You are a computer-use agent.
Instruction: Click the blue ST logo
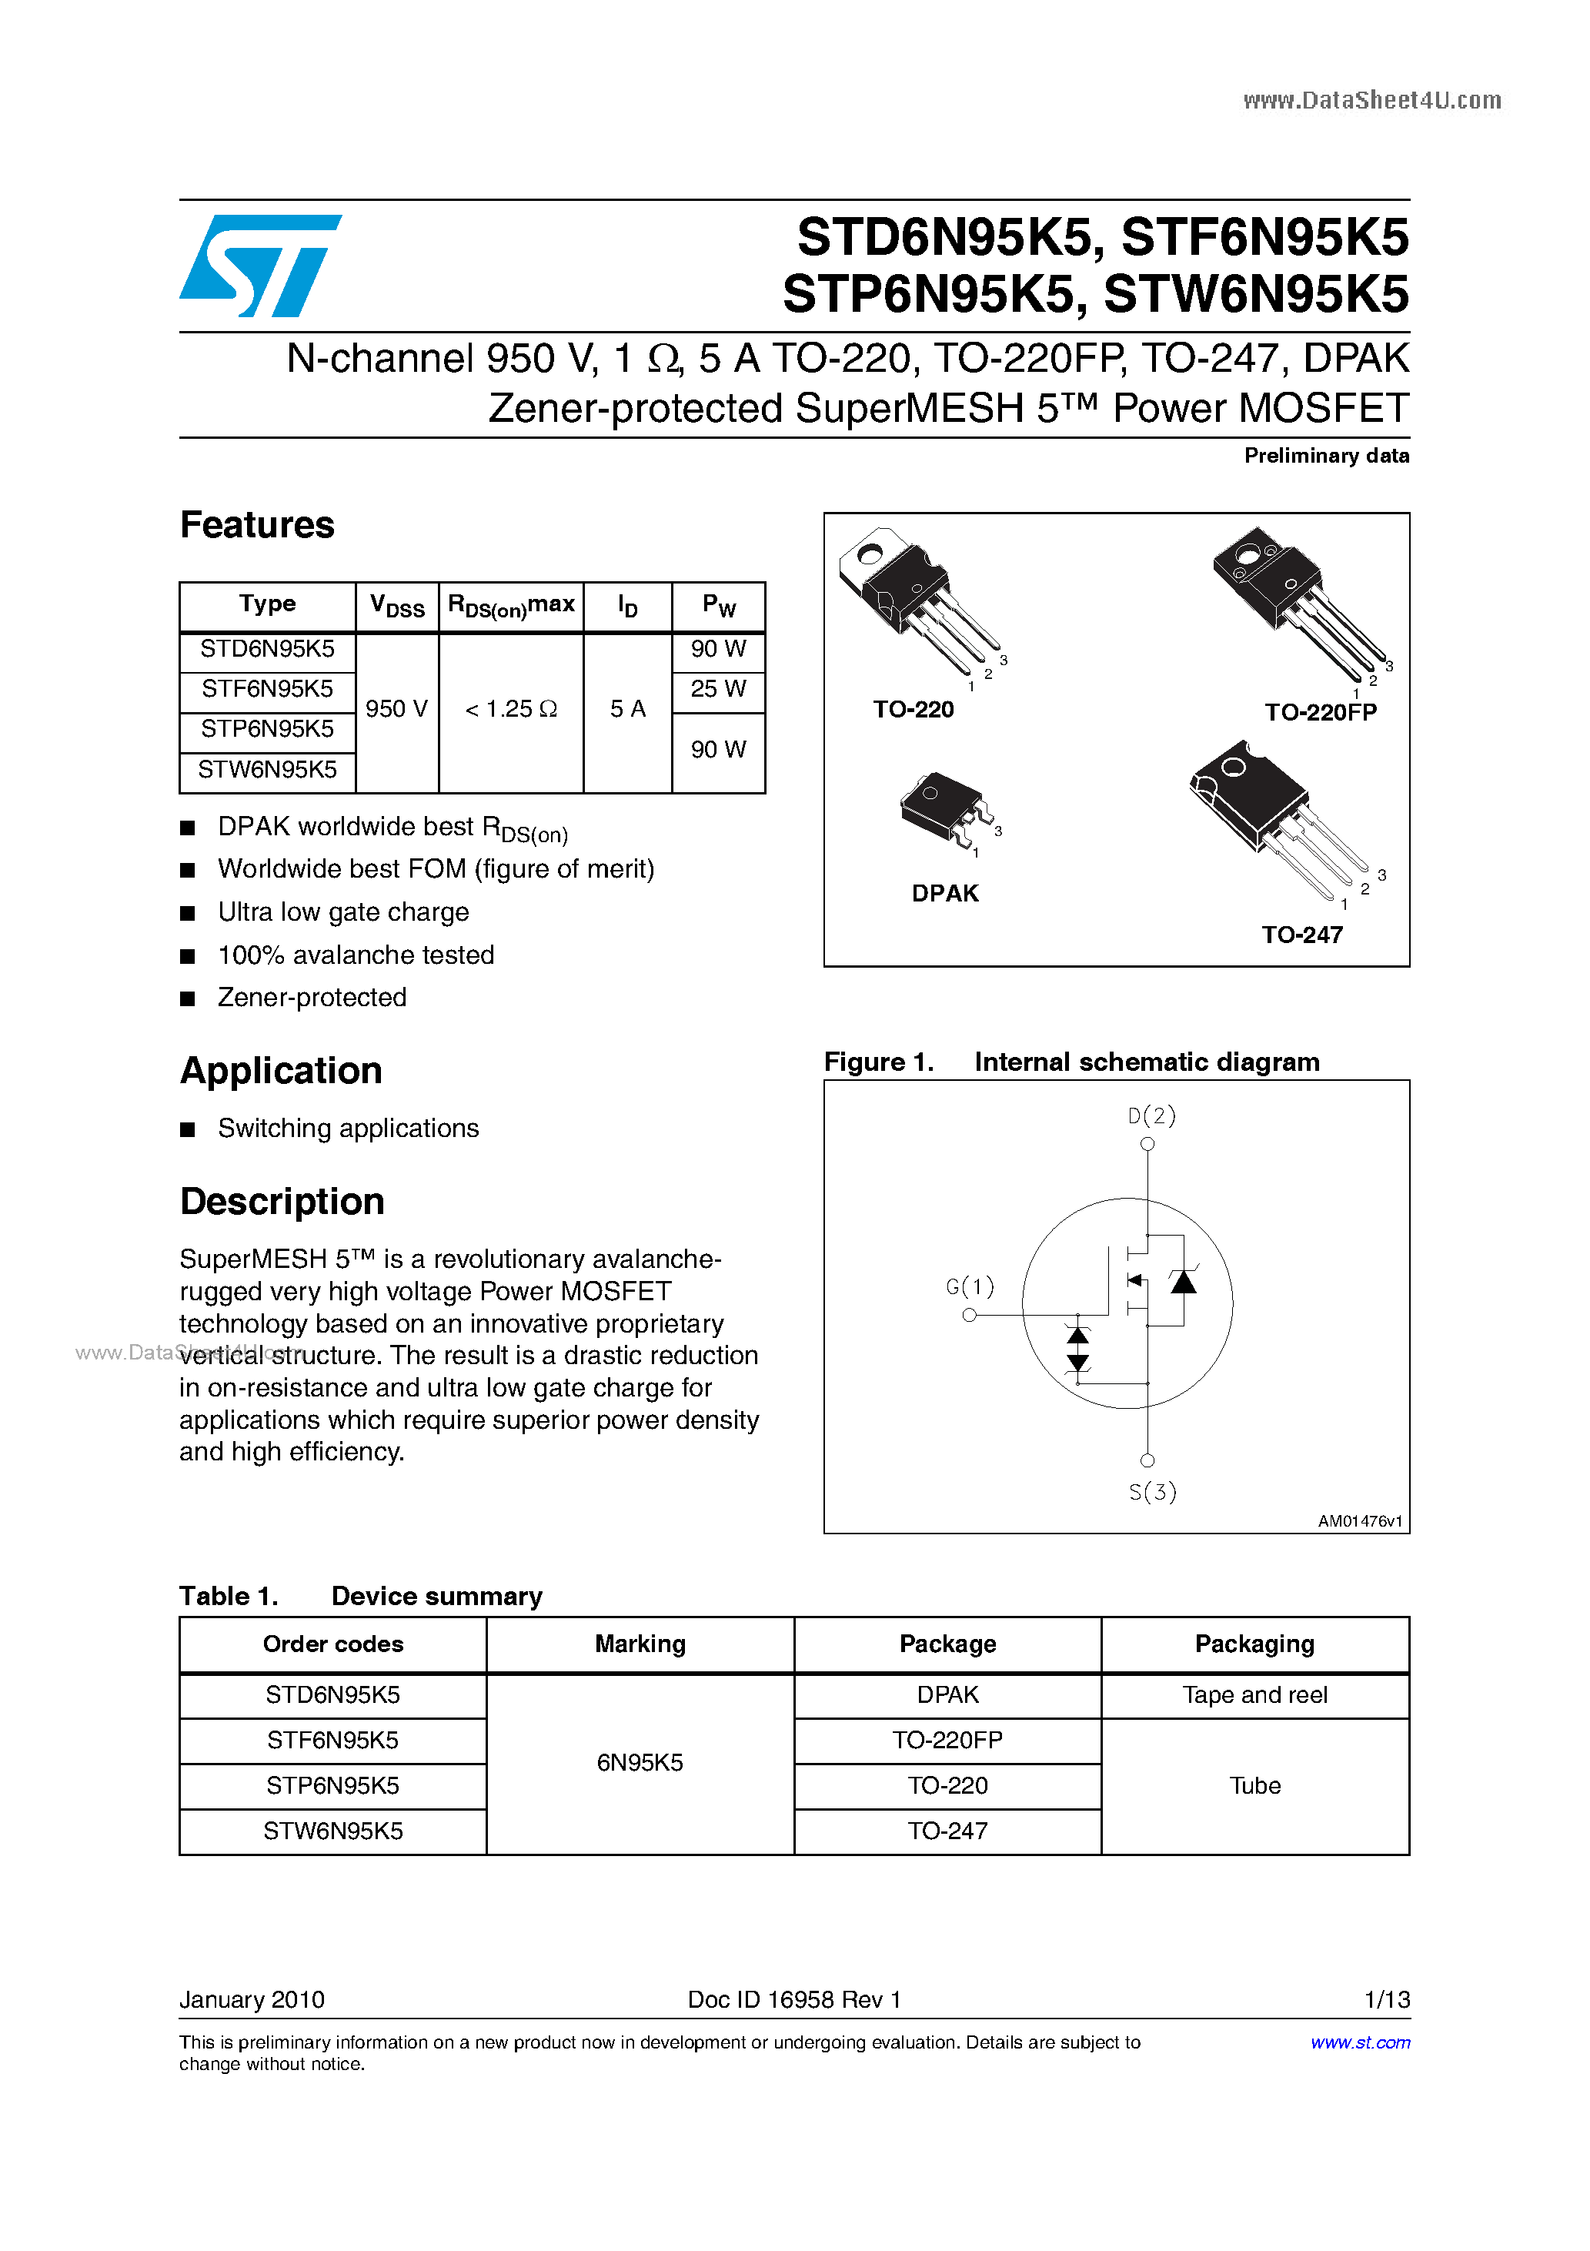(260, 266)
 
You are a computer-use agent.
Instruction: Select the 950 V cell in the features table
(396, 709)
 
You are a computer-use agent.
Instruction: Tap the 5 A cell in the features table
(627, 709)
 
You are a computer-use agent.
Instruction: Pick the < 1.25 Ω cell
(511, 709)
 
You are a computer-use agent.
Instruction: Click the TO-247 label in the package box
(1302, 935)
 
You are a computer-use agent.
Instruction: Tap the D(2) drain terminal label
(1151, 1115)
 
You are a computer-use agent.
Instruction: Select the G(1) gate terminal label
(970, 1286)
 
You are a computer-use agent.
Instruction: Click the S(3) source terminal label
(1152, 1492)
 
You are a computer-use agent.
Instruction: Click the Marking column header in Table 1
(640, 1644)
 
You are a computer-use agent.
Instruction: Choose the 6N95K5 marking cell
(640, 1763)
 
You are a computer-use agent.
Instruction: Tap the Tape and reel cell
(1254, 1695)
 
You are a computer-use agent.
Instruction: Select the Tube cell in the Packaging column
(1254, 1785)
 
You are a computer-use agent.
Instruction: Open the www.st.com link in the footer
(1360, 2042)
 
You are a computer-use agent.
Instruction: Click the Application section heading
(282, 1071)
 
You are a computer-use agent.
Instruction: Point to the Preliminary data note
(1326, 456)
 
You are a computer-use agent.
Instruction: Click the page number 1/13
(1386, 1999)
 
